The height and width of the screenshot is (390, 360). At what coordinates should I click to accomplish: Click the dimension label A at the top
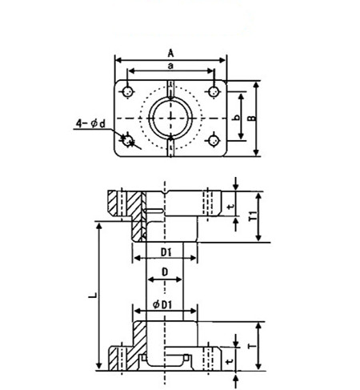170,54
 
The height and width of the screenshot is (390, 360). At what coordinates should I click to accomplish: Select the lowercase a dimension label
170,66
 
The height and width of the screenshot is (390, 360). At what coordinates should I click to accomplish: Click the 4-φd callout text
91,123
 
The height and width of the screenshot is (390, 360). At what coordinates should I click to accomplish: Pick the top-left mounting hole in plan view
128,92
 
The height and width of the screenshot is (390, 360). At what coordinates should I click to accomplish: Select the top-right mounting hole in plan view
214,92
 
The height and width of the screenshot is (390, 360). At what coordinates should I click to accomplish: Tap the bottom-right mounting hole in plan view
213,141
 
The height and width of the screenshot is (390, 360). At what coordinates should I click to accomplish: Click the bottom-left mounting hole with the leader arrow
128,140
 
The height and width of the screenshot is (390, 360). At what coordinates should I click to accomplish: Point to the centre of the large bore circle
170,118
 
